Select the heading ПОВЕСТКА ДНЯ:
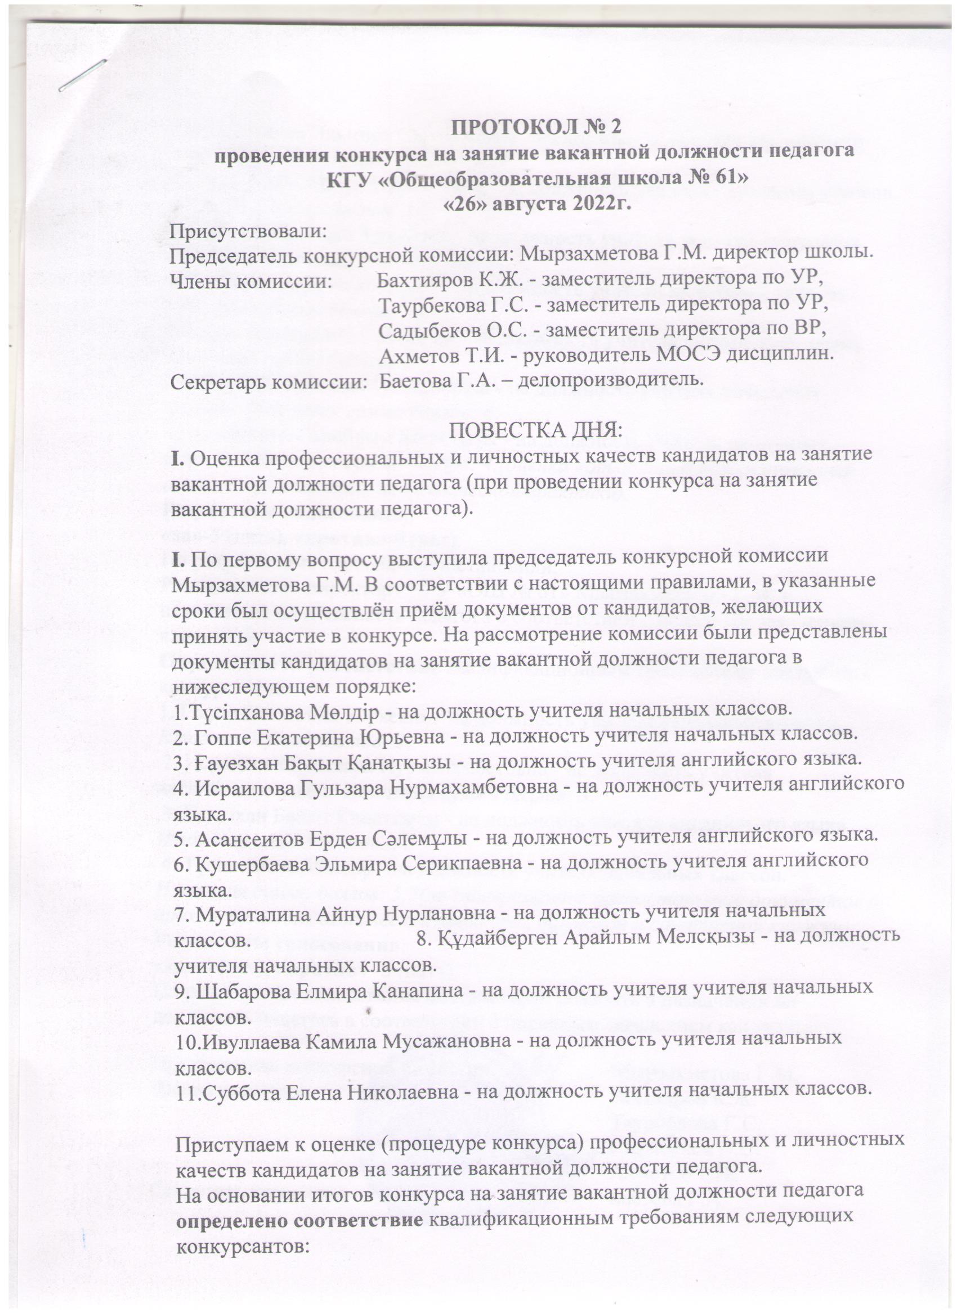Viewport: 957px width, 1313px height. click(x=536, y=431)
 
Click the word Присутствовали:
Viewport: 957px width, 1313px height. click(x=248, y=232)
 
